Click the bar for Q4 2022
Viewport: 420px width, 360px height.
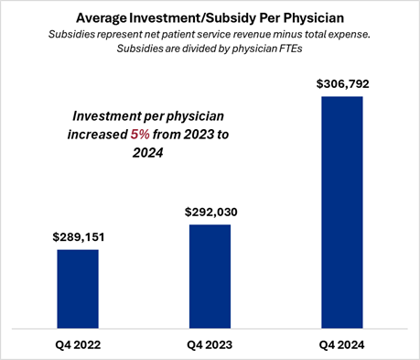tap(78, 288)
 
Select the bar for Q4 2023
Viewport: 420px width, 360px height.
tap(210, 275)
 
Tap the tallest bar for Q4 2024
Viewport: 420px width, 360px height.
tap(341, 211)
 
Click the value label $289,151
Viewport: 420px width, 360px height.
tap(78, 235)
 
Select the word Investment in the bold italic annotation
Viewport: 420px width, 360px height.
tap(113, 116)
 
